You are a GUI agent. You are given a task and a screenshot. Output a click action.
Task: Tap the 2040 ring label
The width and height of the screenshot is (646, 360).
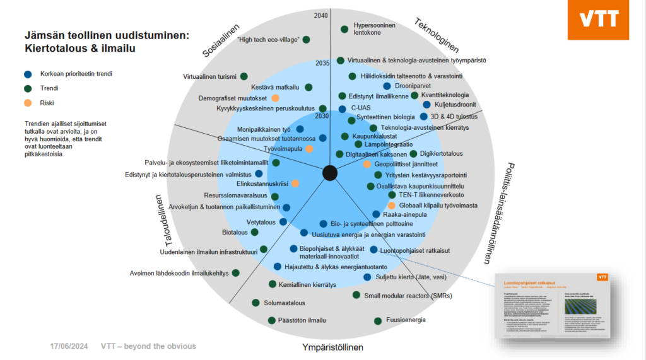321,16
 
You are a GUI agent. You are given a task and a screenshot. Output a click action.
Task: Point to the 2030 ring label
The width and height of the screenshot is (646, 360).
322,116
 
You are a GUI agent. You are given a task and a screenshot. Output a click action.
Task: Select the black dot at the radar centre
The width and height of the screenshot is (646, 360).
329,172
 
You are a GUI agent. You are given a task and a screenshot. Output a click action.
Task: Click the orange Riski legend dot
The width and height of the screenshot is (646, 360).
26,102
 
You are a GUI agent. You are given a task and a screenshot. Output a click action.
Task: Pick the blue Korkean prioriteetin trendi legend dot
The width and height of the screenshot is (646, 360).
26,74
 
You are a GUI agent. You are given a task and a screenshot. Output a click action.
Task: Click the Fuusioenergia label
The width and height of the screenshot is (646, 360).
406,320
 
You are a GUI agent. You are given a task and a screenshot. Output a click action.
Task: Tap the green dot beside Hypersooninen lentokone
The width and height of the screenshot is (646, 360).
344,29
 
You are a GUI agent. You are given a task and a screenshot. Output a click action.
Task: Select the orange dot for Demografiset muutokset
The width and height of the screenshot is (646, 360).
275,98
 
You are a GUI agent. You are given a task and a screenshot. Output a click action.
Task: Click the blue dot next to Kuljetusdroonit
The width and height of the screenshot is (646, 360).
426,105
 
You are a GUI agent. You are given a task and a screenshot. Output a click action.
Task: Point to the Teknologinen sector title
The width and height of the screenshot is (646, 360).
436,35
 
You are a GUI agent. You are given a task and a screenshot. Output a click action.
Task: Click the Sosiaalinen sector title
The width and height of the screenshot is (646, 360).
221,40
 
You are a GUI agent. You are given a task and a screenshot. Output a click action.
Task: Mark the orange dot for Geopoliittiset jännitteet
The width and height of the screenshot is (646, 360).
367,164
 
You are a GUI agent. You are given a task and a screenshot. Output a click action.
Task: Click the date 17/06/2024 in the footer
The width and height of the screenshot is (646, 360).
69,346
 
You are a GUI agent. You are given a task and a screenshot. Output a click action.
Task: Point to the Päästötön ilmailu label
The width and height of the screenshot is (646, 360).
302,320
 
